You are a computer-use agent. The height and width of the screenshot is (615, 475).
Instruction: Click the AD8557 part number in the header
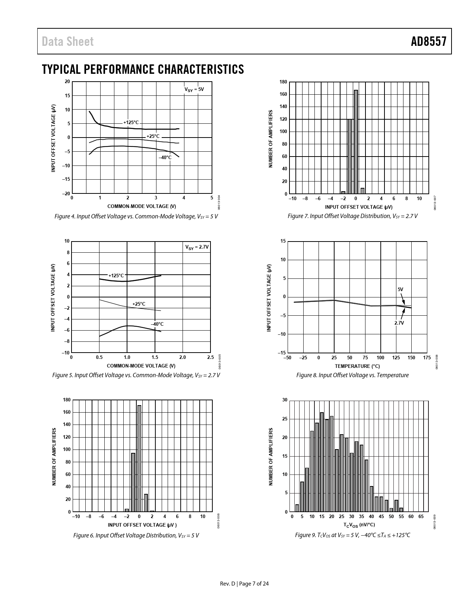[428, 41]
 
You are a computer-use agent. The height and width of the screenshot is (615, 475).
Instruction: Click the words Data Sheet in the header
[68, 41]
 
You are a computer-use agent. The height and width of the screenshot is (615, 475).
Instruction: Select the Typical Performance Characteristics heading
[143, 69]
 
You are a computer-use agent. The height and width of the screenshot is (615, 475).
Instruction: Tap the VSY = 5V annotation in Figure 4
[194, 89]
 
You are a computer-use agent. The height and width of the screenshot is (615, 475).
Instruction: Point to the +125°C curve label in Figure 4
[131, 122]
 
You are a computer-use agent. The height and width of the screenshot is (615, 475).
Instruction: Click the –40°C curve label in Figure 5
[157, 324]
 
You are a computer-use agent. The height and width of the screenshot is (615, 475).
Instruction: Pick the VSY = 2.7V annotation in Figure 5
[197, 247]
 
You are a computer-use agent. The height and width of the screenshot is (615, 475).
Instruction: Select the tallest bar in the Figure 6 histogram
[139, 458]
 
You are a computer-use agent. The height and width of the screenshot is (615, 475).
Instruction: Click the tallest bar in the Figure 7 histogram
[356, 142]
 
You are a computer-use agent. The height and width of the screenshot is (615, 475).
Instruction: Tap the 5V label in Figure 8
[400, 289]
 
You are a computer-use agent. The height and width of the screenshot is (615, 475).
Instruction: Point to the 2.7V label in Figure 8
[399, 323]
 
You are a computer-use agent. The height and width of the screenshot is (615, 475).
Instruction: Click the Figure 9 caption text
[352, 535]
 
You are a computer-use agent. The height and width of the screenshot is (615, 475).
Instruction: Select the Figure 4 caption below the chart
[136, 216]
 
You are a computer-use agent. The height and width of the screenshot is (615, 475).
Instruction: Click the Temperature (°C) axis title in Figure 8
[357, 366]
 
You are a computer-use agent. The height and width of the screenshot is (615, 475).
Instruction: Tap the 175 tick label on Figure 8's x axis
[427, 358]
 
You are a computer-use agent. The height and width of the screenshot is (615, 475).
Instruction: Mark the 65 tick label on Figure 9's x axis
[421, 517]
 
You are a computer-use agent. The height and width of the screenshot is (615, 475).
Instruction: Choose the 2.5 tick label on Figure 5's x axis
[210, 357]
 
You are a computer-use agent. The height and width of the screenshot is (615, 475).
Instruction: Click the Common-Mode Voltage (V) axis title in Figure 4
[141, 206]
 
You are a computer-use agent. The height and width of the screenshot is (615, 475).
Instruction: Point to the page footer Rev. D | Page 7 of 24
[244, 584]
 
